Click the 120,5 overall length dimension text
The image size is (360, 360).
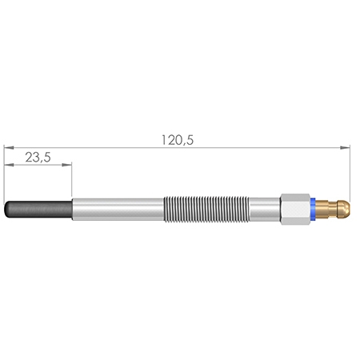(178, 140)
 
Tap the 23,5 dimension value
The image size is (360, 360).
(38, 158)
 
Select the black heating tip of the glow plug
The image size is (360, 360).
(38, 210)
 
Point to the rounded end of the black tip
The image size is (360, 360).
(5, 210)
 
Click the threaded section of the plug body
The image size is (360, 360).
(206, 210)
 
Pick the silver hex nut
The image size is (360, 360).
(295, 210)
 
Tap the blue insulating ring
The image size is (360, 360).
(313, 210)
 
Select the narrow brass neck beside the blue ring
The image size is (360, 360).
(333, 210)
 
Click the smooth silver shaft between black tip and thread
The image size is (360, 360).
(118, 210)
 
